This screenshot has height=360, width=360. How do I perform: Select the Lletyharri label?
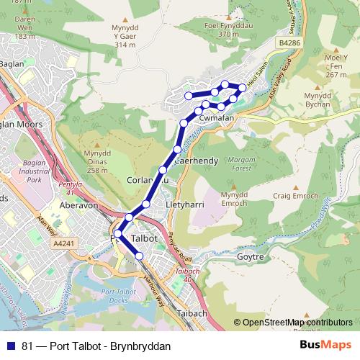(186, 204)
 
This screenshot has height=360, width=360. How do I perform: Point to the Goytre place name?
(251, 256)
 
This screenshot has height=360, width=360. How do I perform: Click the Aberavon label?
(80, 204)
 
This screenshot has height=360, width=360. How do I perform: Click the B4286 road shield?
(289, 43)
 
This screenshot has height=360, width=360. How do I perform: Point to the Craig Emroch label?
(292, 197)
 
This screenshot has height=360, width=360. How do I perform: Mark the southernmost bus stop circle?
(139, 256)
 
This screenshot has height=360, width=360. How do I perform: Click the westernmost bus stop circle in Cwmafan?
(189, 96)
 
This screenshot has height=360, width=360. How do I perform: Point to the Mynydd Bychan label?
(318, 100)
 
